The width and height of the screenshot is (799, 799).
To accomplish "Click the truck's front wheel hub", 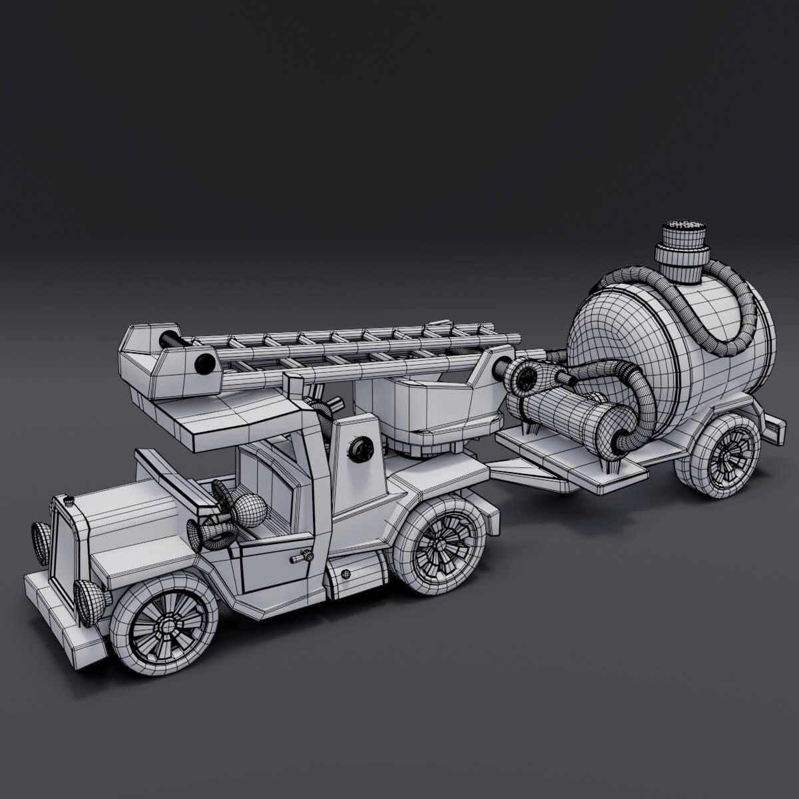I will (x=162, y=626).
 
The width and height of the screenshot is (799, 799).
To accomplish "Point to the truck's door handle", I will (x=306, y=555).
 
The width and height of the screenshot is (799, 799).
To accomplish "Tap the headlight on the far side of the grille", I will (x=41, y=543).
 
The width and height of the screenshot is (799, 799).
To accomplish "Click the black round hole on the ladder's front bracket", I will (x=206, y=364).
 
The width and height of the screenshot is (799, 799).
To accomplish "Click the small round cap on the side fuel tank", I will (x=345, y=574).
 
